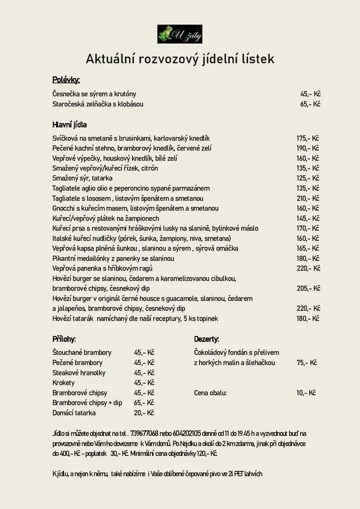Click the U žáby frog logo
[x=179, y=34]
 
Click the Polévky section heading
[x=66, y=80]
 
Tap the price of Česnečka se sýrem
[x=310, y=94]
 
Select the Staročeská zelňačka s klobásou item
[x=98, y=104]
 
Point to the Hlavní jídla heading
[x=69, y=124]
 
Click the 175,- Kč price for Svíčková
[x=308, y=138]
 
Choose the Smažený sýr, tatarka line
[x=82, y=178]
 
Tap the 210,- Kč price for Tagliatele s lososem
[x=308, y=198]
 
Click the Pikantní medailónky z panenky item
[x=113, y=258]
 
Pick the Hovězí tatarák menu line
[x=135, y=318]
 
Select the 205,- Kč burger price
[x=308, y=288]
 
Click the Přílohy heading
[x=64, y=339]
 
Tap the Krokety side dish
[x=63, y=382]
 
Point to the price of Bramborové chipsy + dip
[x=144, y=402]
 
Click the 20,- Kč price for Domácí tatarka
[x=144, y=413]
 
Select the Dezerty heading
[x=206, y=339]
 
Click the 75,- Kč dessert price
[x=306, y=362]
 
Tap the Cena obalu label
[x=210, y=393]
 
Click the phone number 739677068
[x=144, y=433]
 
